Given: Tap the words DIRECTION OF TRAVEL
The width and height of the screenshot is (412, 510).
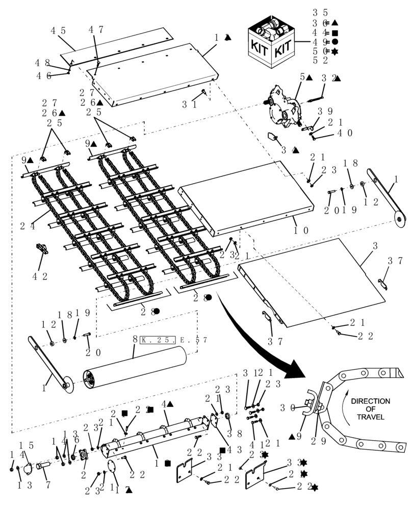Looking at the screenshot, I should tap(373, 410).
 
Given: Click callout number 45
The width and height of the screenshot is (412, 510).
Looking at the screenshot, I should tap(58, 31).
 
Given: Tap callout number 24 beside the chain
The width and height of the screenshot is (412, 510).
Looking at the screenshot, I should tap(29, 226).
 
